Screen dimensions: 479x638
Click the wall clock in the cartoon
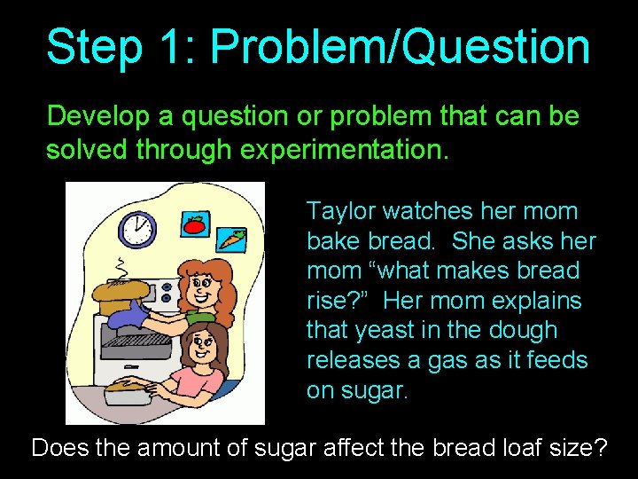(x=136, y=229)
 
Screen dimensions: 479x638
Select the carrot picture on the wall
(x=231, y=239)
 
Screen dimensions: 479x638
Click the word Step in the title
(x=94, y=47)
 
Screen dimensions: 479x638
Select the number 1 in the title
(x=174, y=47)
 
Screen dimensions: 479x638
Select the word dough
(x=526, y=331)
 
